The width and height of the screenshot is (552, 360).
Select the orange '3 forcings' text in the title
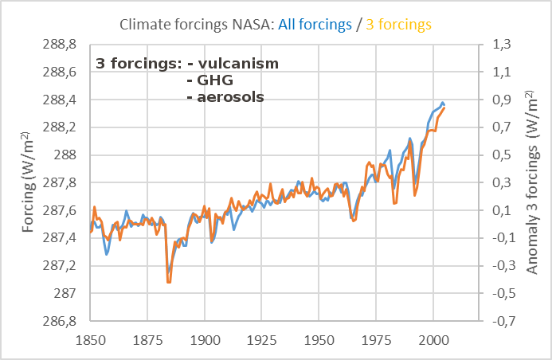[398, 25]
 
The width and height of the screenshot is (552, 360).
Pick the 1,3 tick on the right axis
[502, 45]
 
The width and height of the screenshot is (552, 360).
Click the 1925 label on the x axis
[261, 338]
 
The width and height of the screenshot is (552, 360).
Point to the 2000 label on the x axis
[433, 338]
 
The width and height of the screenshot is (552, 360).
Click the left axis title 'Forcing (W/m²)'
[29, 183]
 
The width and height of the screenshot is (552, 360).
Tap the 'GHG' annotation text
[210, 80]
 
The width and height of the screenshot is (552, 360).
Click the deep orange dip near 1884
[168, 281]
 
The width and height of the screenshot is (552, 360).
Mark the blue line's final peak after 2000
[442, 103]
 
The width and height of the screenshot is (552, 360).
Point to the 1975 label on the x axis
[376, 338]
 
